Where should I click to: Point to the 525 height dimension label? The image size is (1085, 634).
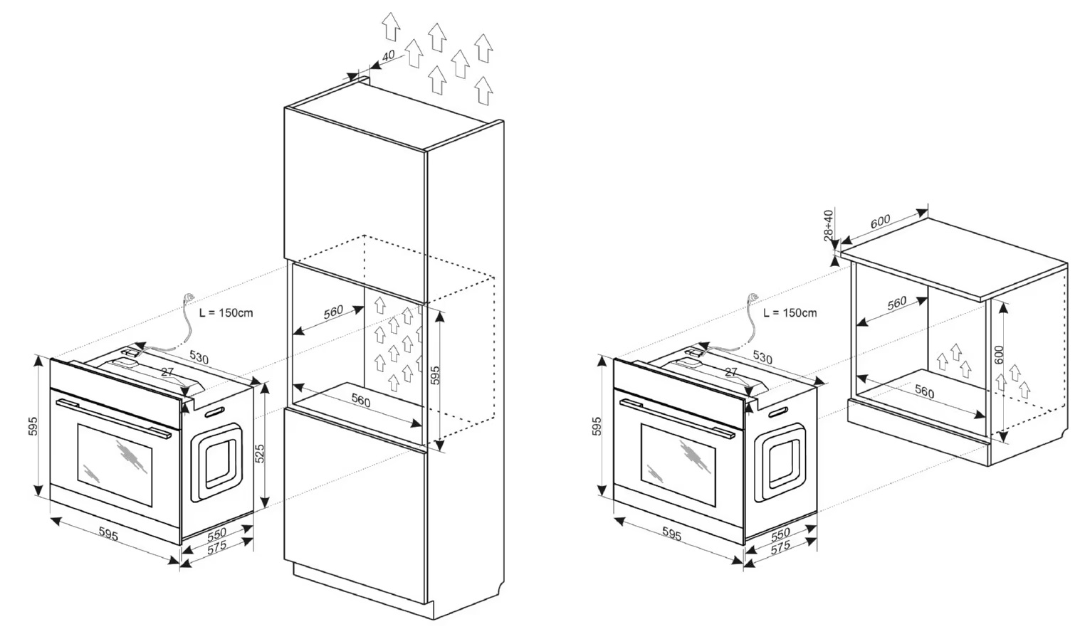coord(260,453)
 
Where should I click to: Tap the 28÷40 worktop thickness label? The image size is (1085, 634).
coord(828,226)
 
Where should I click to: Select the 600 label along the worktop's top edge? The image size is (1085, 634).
coord(880,222)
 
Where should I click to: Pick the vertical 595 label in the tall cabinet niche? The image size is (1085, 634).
coord(435,376)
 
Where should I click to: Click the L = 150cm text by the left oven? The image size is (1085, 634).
coord(226,312)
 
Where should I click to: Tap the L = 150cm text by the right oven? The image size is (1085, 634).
coord(790,312)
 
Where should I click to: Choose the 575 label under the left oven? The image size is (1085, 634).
coord(216,548)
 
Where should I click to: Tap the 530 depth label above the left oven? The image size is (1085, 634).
coord(199,358)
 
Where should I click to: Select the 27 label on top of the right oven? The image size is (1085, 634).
coord(730,372)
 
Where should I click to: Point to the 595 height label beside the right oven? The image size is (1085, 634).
coord(597,426)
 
